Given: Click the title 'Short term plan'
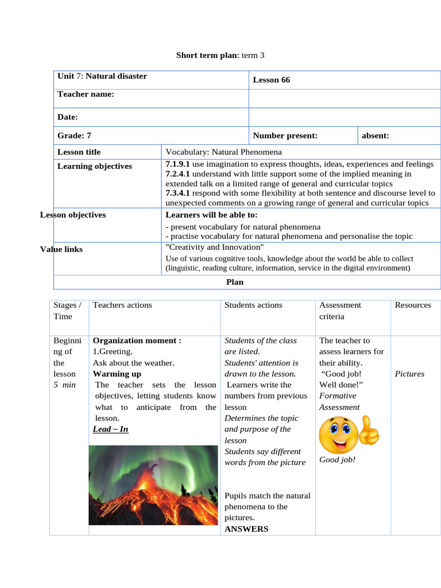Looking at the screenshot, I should click(x=205, y=55).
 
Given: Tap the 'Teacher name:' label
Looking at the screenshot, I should click(x=86, y=94).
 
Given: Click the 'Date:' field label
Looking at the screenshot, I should click(x=67, y=117).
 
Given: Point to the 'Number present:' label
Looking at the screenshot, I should click(x=285, y=136).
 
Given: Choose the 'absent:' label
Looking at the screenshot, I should click(x=375, y=136).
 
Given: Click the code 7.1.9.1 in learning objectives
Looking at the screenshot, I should click(x=177, y=164).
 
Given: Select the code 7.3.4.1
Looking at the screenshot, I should click(x=177, y=193).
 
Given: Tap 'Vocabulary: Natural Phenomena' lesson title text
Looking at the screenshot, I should click(x=223, y=152).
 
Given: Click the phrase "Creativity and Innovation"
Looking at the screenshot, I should click(x=214, y=247).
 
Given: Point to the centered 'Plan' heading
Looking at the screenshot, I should click(x=235, y=282).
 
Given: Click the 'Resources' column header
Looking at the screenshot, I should click(x=412, y=305).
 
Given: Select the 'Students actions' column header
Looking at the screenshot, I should click(x=253, y=305).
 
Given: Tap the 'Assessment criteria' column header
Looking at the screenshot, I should click(x=340, y=311).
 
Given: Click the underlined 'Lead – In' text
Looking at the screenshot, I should click(x=110, y=429).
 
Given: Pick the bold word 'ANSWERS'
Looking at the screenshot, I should click(x=246, y=529).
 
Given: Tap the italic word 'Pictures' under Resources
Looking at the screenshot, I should click(x=409, y=374).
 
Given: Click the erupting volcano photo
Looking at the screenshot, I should click(x=153, y=485).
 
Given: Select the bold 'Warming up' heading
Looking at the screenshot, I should click(x=117, y=374).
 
